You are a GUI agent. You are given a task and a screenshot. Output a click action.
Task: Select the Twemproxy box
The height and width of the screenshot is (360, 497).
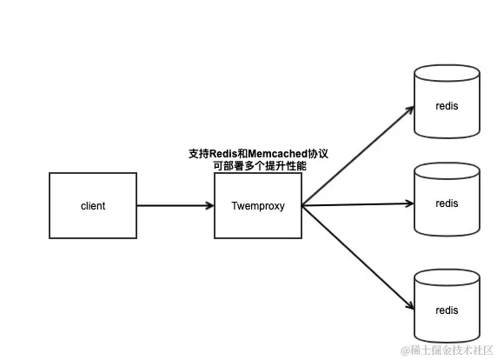257,205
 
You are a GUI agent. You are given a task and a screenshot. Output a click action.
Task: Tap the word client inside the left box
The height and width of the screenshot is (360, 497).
92,206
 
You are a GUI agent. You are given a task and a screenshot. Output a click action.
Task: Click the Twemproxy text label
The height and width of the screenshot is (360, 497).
257,206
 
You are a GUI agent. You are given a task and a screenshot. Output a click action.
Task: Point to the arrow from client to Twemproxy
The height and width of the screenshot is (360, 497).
174,206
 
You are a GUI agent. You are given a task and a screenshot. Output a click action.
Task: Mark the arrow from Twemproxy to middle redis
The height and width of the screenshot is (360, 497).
356,205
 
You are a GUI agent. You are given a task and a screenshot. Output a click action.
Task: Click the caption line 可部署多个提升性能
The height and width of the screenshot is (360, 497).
259,165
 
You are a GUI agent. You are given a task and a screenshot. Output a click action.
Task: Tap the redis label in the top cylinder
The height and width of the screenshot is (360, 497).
447,106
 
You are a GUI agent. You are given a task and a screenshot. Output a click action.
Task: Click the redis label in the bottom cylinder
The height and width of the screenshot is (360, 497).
447,310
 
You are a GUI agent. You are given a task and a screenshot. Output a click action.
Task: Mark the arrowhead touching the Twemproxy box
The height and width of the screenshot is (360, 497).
209,206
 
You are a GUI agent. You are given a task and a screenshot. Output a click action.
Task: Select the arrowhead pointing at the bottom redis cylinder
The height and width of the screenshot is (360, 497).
409,306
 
